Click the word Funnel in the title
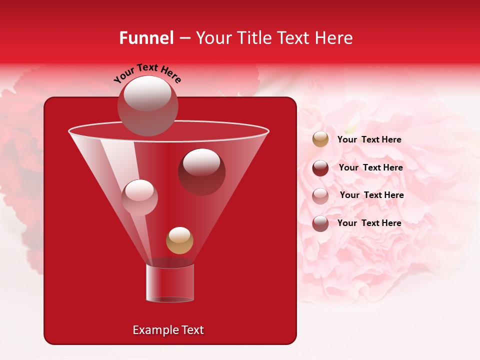click(x=146, y=38)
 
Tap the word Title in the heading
click(x=255, y=38)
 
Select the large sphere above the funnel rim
click(x=147, y=106)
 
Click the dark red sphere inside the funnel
click(x=201, y=172)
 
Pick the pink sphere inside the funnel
click(x=139, y=197)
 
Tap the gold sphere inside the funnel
click(x=179, y=240)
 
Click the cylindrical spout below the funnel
click(x=169, y=283)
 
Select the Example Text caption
click(x=168, y=330)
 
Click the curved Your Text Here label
click(x=147, y=73)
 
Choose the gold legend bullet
click(x=320, y=139)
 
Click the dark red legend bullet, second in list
click(x=320, y=167)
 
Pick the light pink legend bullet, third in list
click(x=320, y=195)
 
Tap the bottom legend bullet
click(x=320, y=223)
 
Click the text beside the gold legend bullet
click(x=369, y=139)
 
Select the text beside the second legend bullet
click(x=370, y=167)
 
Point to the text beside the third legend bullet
click(x=371, y=195)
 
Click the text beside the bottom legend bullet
click(x=369, y=223)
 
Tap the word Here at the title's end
click(x=334, y=38)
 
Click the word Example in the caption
click(x=155, y=330)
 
